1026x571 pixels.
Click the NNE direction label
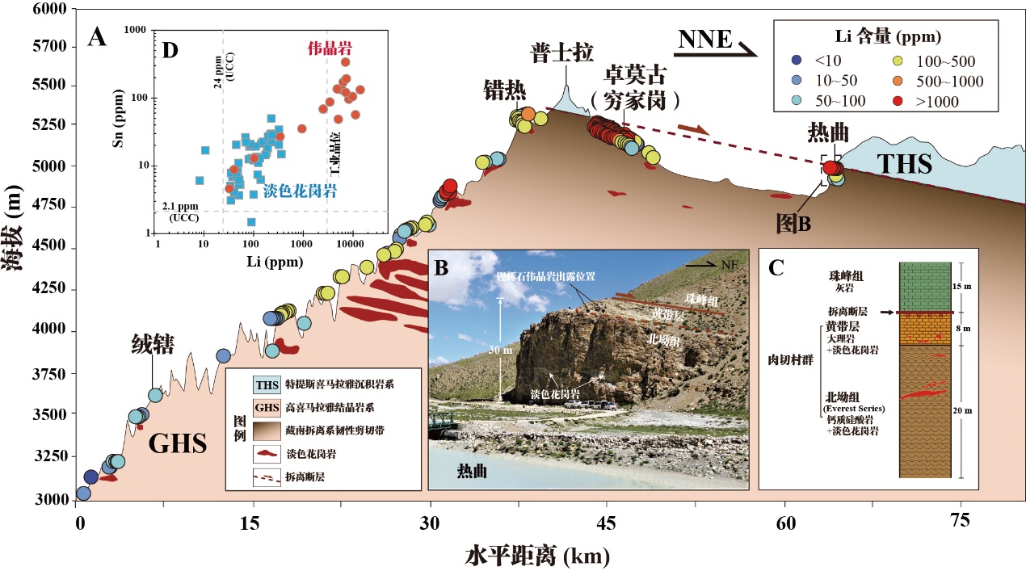pos(704,40)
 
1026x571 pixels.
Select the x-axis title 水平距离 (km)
pos(536,556)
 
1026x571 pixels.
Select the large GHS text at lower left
pos(177,443)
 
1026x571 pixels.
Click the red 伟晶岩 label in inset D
pos(330,48)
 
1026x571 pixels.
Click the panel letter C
pos(776,267)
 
